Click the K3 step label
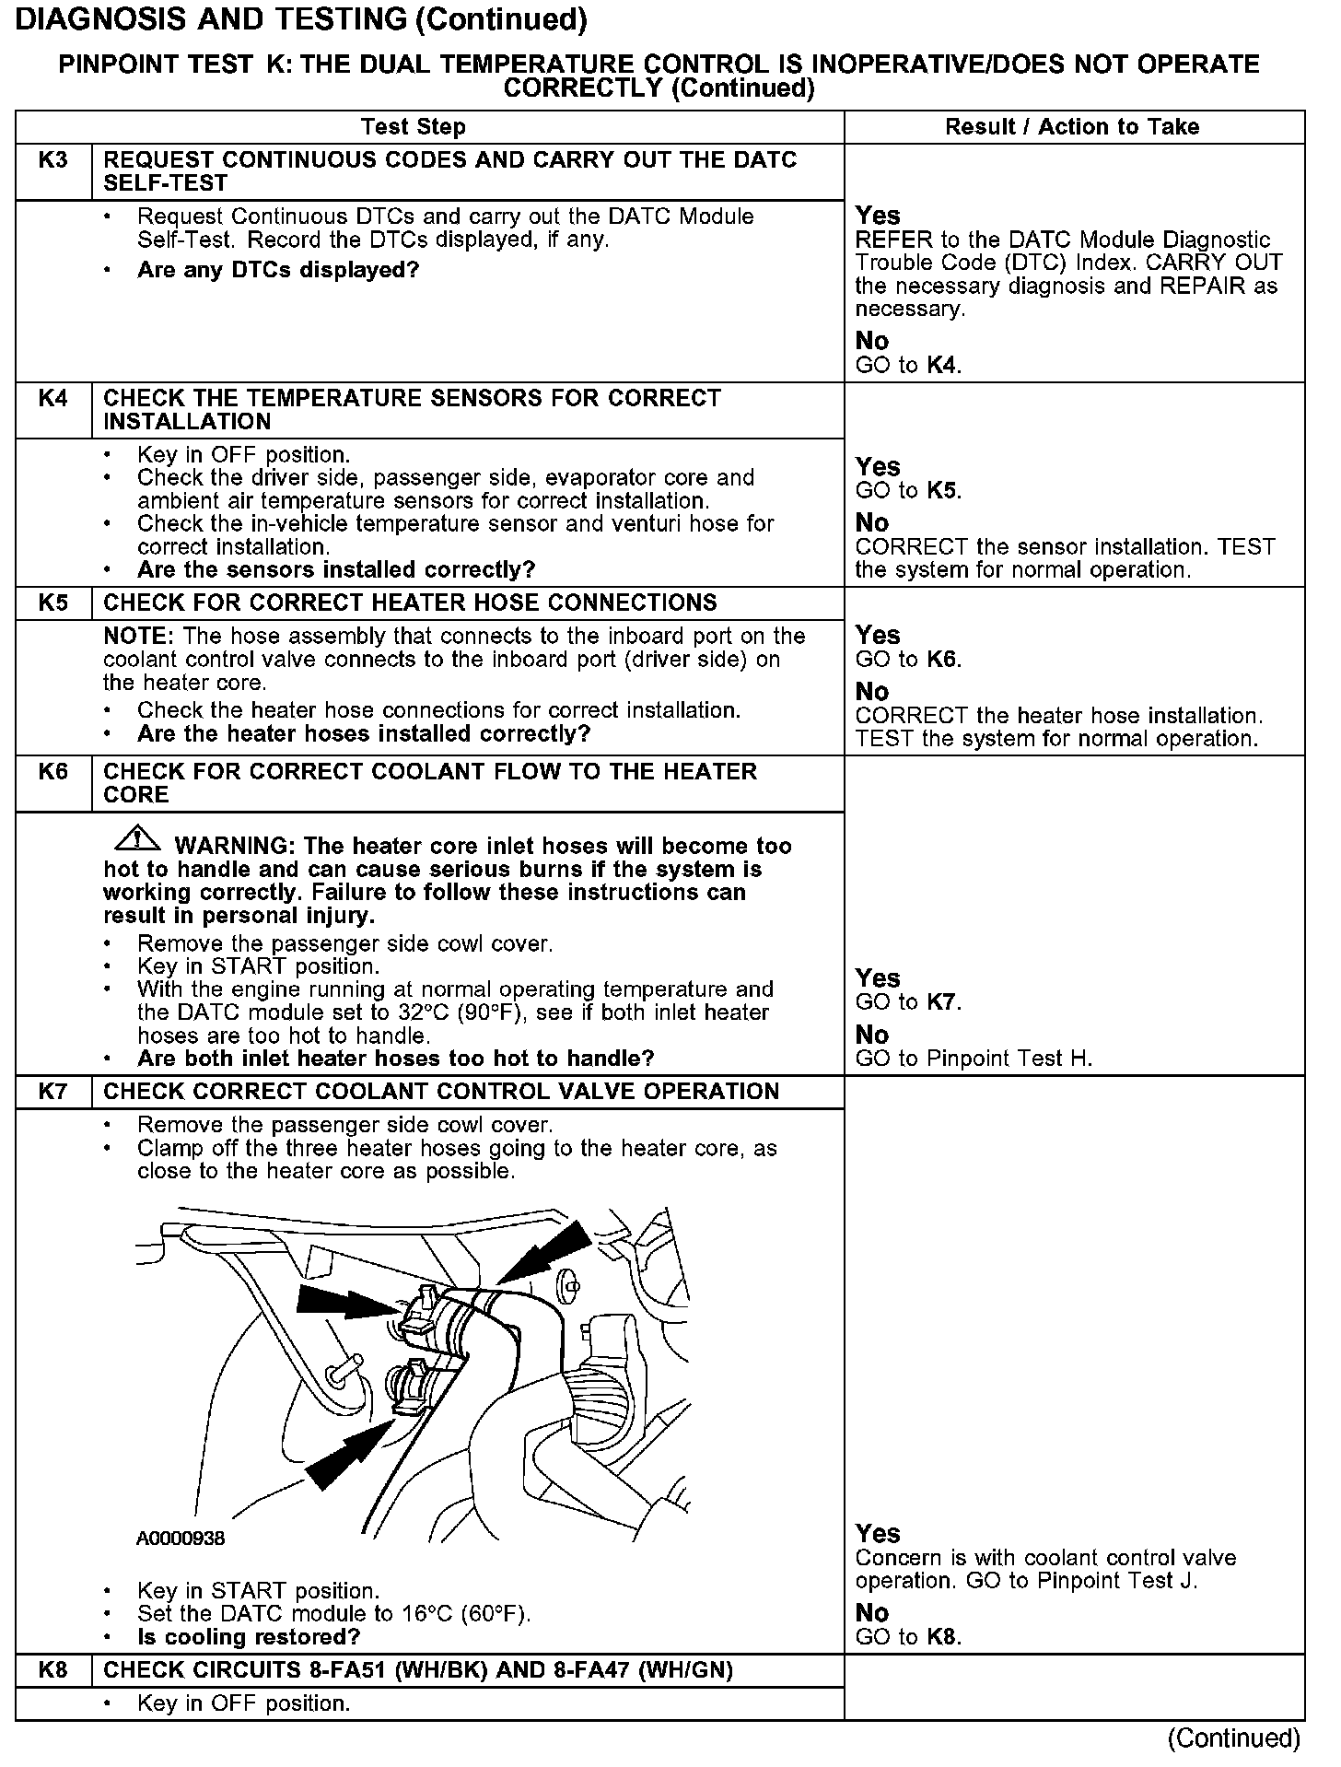point(53,160)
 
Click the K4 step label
point(53,399)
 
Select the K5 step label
point(53,603)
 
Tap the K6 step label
point(53,772)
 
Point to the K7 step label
point(53,1092)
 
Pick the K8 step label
point(53,1669)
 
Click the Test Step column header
point(413,127)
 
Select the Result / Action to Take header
point(1072,127)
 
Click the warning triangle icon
point(137,839)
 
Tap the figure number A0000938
point(181,1539)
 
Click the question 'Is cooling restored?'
point(249,1637)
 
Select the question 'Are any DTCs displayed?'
point(278,270)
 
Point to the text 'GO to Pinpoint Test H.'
point(974,1059)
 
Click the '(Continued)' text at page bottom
point(1233,1738)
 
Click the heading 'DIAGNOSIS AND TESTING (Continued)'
point(302,20)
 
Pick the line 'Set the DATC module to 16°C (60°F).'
point(334,1614)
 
